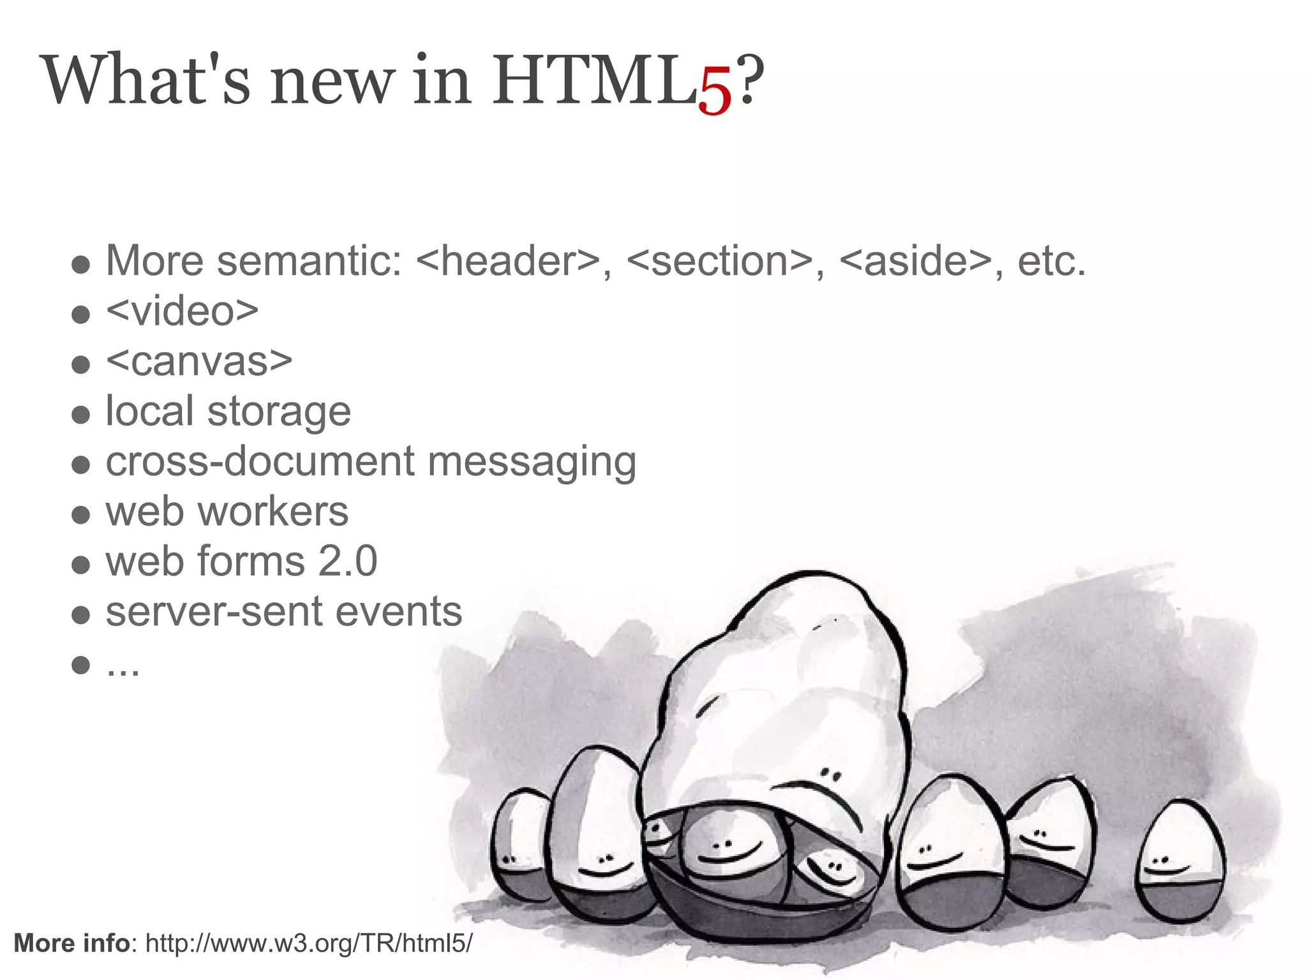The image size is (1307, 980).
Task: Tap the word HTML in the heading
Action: click(x=594, y=81)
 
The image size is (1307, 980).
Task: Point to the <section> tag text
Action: click(x=720, y=261)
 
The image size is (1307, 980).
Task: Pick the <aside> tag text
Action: click(x=916, y=261)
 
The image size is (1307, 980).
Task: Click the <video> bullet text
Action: click(x=183, y=311)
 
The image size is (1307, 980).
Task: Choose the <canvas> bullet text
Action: click(x=199, y=362)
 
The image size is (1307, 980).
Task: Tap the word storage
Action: click(x=279, y=412)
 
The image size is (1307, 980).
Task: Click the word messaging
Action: click(x=532, y=462)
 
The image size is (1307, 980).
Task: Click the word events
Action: click(x=399, y=612)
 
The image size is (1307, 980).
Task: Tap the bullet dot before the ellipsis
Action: click(x=80, y=665)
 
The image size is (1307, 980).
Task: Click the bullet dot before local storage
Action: click(x=80, y=415)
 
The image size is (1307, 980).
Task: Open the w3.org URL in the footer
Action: click(x=310, y=943)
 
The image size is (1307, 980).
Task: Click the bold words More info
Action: click(x=71, y=943)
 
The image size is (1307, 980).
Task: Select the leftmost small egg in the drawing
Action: click(x=520, y=845)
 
